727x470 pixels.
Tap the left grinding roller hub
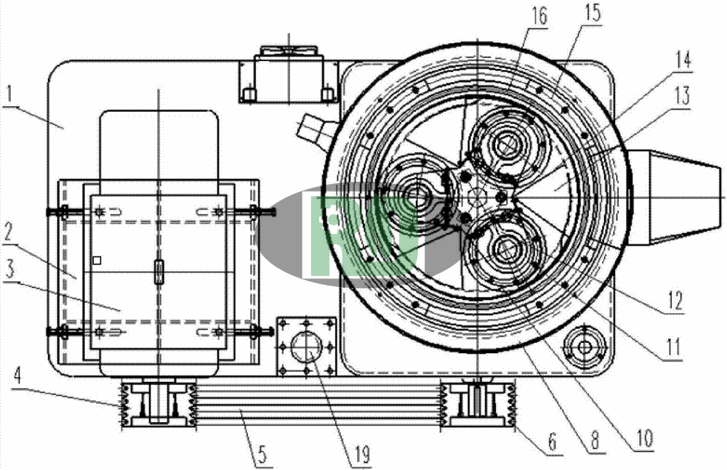click(x=416, y=194)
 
